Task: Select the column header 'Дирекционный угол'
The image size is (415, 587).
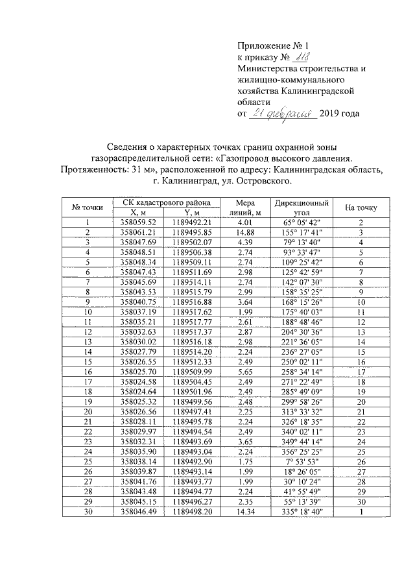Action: coord(301,207)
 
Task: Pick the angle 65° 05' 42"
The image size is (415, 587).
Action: coord(301,222)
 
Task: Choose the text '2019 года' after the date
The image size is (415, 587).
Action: coord(340,114)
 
